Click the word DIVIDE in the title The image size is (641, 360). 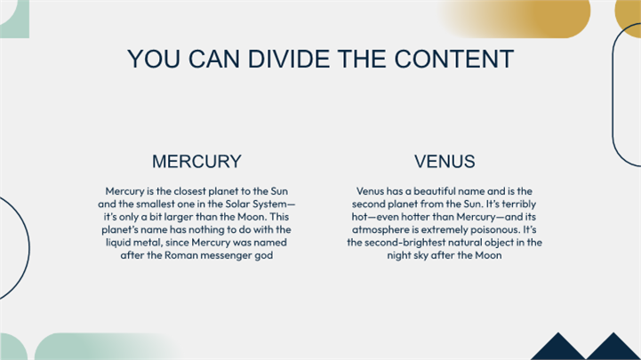[x=289, y=59]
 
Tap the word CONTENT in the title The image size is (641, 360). [x=453, y=59]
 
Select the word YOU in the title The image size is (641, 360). [x=153, y=59]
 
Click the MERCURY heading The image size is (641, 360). [x=196, y=162]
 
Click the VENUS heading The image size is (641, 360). [x=445, y=162]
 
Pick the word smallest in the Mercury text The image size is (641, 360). [x=156, y=204]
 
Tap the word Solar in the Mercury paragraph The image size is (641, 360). [x=237, y=204]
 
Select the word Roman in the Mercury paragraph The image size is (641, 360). [x=179, y=255]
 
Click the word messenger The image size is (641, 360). [x=224, y=256]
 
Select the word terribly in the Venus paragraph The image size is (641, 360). [x=519, y=204]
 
